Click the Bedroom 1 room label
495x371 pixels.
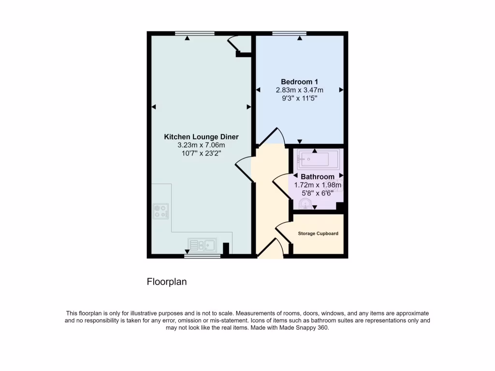tap(299, 82)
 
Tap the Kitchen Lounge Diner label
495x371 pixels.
tap(201, 137)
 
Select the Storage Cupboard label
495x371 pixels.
tap(318, 234)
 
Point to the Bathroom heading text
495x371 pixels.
tap(318, 177)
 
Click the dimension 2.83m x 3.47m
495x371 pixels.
tap(299, 90)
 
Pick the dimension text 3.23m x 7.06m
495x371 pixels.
tap(201, 145)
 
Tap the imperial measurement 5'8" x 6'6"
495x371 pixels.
tap(318, 193)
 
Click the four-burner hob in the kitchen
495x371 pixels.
tap(160, 211)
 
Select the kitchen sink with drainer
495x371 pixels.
tap(202, 245)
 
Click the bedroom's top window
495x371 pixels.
tap(289, 33)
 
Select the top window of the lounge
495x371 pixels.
tap(194, 33)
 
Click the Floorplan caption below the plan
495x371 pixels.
tap(167, 282)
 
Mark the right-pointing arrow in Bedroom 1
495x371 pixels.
tap(341, 90)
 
